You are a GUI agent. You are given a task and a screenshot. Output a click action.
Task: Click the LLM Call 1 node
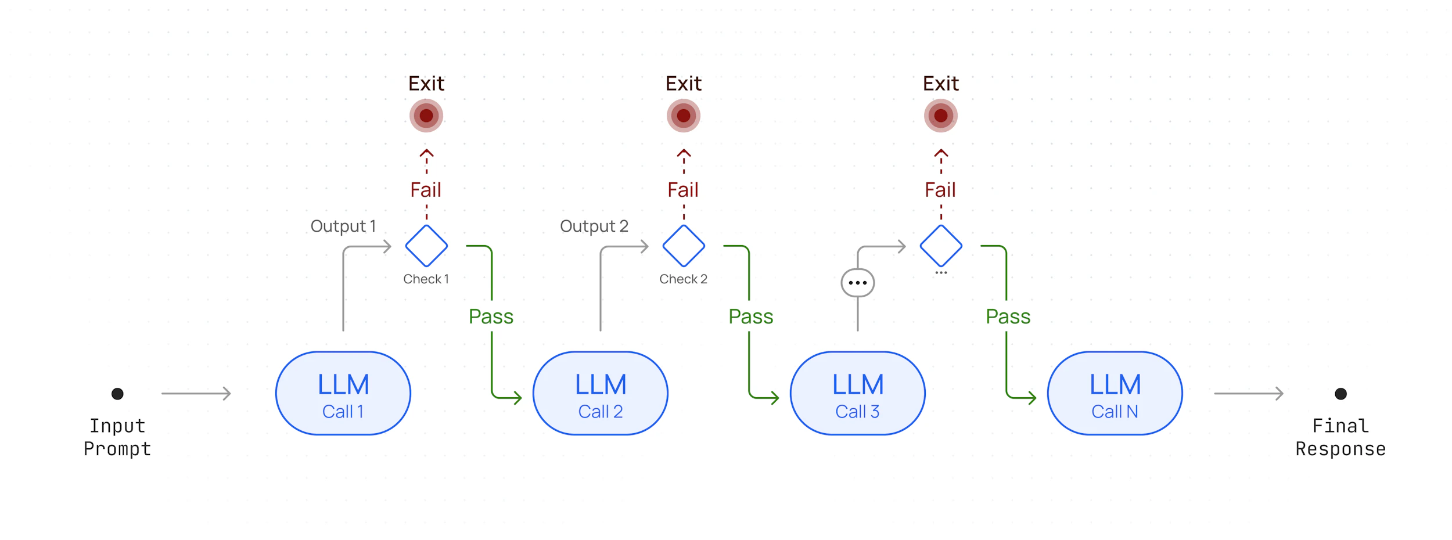pos(343,393)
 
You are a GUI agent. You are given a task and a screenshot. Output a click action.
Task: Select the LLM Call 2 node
pos(600,393)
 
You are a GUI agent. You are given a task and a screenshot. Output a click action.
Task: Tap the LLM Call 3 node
pos(857,393)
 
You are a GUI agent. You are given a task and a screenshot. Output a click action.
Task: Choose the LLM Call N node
pos(1115,393)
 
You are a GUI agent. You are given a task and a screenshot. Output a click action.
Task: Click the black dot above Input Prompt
pos(117,394)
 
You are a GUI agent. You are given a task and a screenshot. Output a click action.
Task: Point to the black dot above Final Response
pos(1340,394)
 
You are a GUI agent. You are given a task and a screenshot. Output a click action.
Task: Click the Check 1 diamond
pos(426,246)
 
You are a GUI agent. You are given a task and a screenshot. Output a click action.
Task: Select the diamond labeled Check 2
pos(684,246)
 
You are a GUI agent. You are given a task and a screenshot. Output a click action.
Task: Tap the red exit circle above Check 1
pos(426,116)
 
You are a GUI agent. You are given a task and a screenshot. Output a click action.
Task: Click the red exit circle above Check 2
pos(684,116)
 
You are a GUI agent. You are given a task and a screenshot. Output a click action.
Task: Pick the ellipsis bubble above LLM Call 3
pos(857,283)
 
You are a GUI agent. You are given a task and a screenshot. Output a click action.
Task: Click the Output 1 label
pos(343,226)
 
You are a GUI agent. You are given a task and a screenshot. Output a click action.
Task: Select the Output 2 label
pos(594,226)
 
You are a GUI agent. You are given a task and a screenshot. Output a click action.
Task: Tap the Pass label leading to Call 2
pos(491,316)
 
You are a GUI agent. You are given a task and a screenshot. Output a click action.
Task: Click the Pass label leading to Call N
pos(1008,316)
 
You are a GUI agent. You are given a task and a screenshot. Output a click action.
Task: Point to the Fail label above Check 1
pos(426,190)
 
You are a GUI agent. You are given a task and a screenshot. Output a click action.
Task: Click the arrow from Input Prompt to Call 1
pos(196,393)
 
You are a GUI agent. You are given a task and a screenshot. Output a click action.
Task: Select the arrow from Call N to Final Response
pos(1248,393)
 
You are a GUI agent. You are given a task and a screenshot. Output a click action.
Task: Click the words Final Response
pos(1340,437)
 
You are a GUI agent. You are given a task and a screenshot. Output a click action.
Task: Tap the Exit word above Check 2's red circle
pos(684,84)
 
